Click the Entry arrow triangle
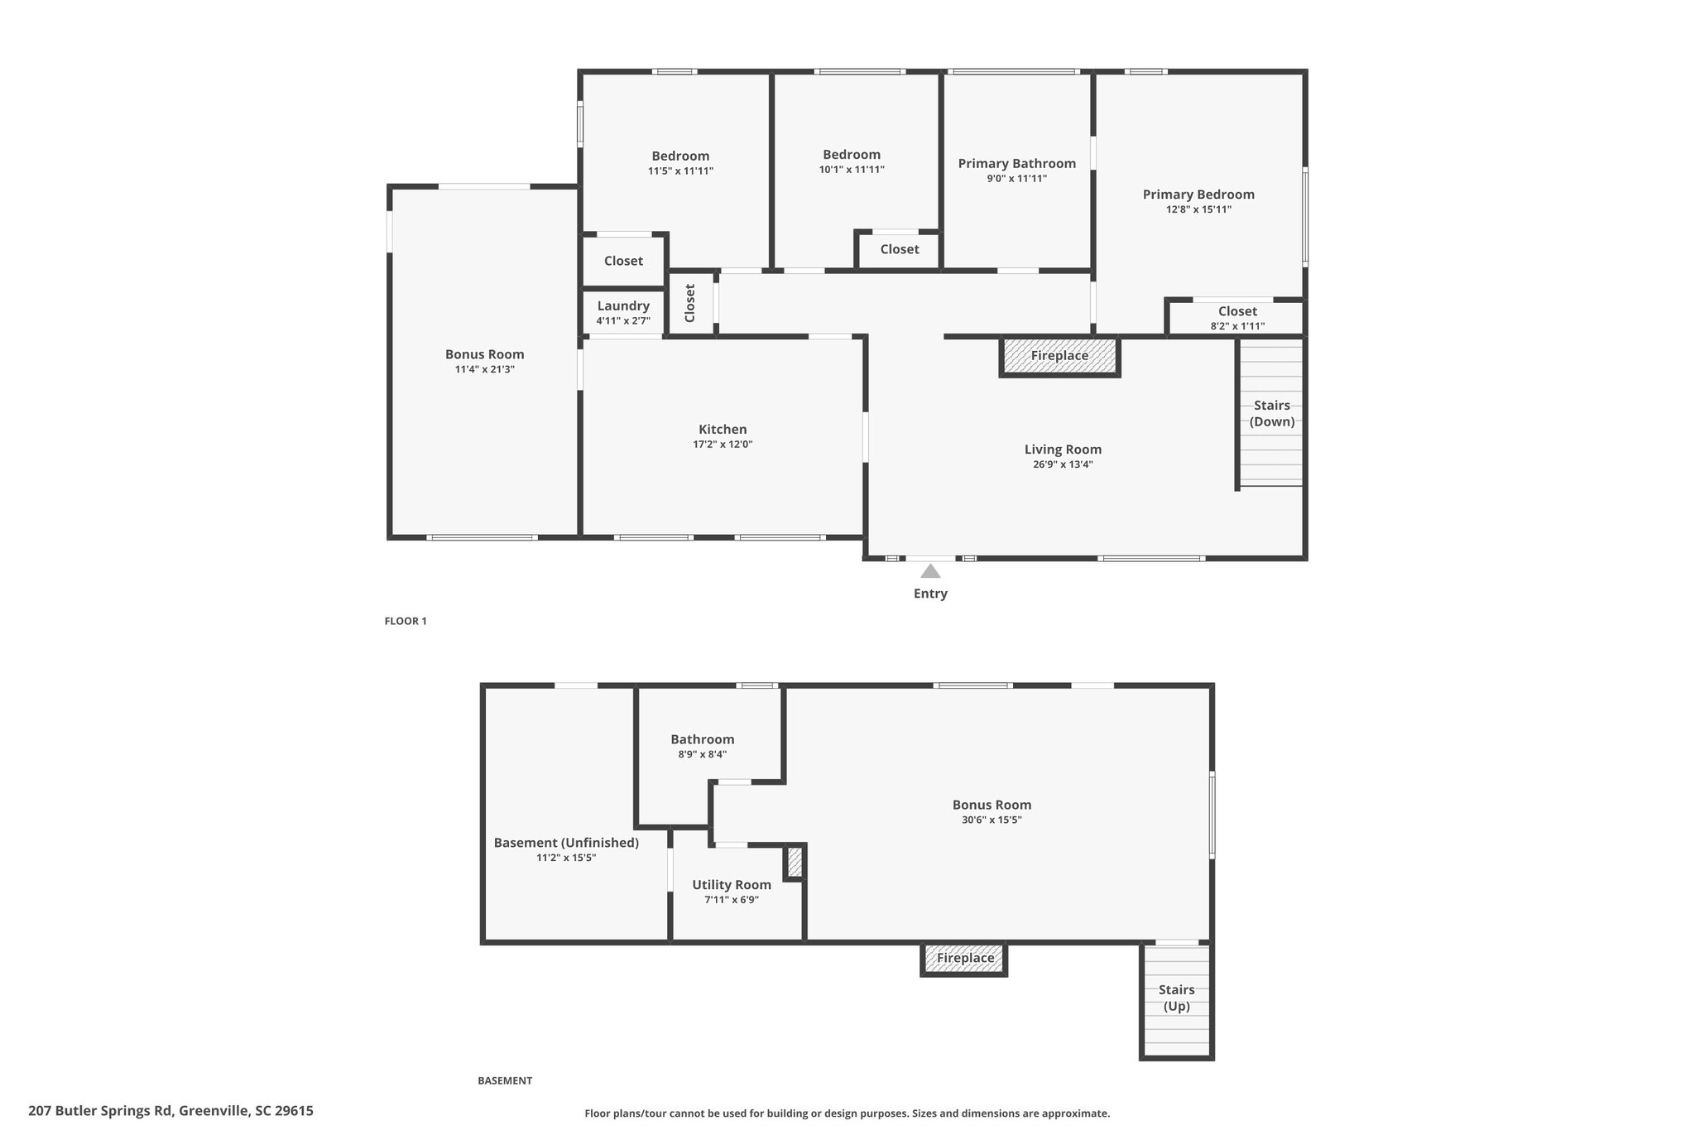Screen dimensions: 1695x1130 [930, 571]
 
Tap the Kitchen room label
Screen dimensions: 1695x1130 [723, 430]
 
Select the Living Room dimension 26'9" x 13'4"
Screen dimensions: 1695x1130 [1063, 464]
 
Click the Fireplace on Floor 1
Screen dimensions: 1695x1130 [1059, 356]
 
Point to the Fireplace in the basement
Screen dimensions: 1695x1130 [965, 959]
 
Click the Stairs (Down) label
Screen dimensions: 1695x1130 [1272, 413]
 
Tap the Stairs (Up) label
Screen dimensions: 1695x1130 [1176, 998]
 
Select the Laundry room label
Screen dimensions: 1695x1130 [623, 306]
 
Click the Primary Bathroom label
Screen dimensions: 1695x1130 [1017, 164]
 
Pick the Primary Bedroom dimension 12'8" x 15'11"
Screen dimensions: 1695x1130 [1198, 209]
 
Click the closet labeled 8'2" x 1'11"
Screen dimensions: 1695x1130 [1237, 318]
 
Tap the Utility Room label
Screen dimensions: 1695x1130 [732, 885]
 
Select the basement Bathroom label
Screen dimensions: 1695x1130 [702, 739]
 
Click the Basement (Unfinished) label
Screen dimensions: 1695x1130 [566, 843]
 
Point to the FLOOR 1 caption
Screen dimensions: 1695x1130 [406, 621]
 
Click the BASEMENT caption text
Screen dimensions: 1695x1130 [505, 1080]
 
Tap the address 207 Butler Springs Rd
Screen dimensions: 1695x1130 [100, 1111]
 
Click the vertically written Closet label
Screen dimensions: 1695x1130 [690, 303]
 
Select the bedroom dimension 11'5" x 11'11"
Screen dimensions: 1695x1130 [680, 171]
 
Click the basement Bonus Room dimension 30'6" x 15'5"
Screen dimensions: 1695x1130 [992, 820]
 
